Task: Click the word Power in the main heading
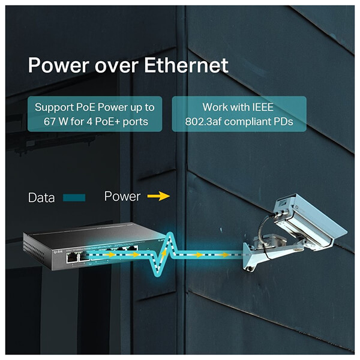(x=59, y=65)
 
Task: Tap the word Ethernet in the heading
(x=186, y=65)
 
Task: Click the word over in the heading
(x=116, y=67)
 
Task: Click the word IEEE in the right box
(x=263, y=107)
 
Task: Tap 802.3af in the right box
(x=203, y=121)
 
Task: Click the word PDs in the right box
(x=284, y=121)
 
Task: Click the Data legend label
(x=41, y=197)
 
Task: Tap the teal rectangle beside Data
(x=74, y=197)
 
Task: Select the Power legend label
(x=122, y=196)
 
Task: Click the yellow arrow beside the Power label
(x=158, y=196)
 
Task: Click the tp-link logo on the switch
(x=58, y=252)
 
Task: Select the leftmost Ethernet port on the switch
(x=71, y=257)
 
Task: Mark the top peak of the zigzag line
(x=170, y=233)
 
